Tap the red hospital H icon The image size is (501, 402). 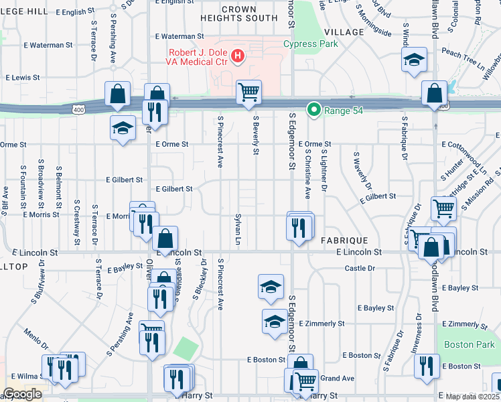237,56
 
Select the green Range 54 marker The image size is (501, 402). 313,110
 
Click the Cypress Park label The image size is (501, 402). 310,44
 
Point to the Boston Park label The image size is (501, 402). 468,345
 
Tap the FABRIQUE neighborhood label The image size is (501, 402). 344,239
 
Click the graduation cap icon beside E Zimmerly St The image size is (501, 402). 274,322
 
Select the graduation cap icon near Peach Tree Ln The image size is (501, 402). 414,60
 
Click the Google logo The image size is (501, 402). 22,394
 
